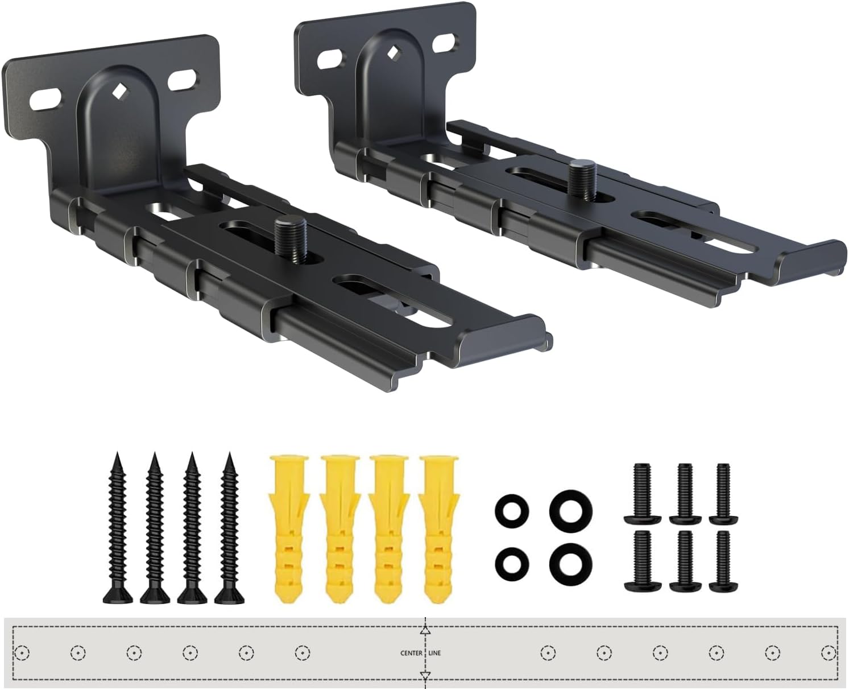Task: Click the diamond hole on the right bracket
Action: (x=392, y=53)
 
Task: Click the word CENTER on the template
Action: (x=411, y=653)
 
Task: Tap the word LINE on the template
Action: (x=435, y=653)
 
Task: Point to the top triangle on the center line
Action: (x=425, y=631)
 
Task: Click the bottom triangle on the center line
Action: (x=425, y=675)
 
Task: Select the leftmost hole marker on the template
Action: (x=22, y=652)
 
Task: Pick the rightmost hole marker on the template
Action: (x=828, y=652)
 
